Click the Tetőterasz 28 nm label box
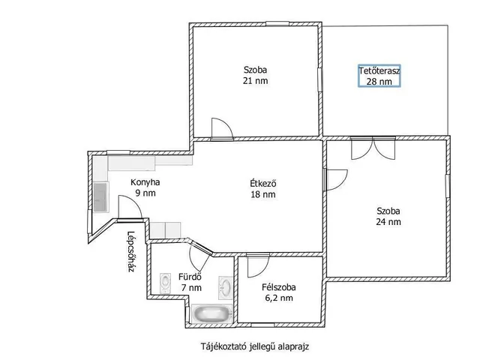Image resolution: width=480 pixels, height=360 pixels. pyautogui.click(x=379, y=76)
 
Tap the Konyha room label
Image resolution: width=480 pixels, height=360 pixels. pyautogui.click(x=145, y=182)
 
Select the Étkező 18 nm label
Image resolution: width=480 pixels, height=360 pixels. pyautogui.click(x=263, y=188)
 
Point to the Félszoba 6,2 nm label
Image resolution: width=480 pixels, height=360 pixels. pyautogui.click(x=278, y=292)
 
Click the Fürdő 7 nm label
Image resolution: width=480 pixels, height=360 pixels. pyautogui.click(x=190, y=282)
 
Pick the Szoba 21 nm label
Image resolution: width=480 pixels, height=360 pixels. pyautogui.click(x=255, y=75)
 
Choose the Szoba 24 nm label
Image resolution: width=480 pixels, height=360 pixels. pyautogui.click(x=388, y=216)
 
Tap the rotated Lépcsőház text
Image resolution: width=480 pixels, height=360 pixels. pyautogui.click(x=131, y=252)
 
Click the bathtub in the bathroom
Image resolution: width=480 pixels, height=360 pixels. pyautogui.click(x=211, y=313)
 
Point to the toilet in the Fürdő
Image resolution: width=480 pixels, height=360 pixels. pyautogui.click(x=165, y=283)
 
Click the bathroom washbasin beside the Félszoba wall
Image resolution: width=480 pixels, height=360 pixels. pyautogui.click(x=226, y=287)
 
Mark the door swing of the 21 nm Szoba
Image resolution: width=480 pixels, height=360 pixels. pyautogui.click(x=223, y=129)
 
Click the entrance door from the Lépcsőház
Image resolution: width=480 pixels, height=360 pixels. pyautogui.click(x=130, y=207)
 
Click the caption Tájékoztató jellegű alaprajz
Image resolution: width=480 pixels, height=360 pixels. pyautogui.click(x=255, y=346)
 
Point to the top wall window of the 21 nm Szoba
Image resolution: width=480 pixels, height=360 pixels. pyautogui.click(x=277, y=23)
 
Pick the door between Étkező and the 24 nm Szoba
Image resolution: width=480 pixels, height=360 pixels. pyautogui.click(x=336, y=180)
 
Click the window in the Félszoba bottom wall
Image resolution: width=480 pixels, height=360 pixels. pyautogui.click(x=262, y=325)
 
